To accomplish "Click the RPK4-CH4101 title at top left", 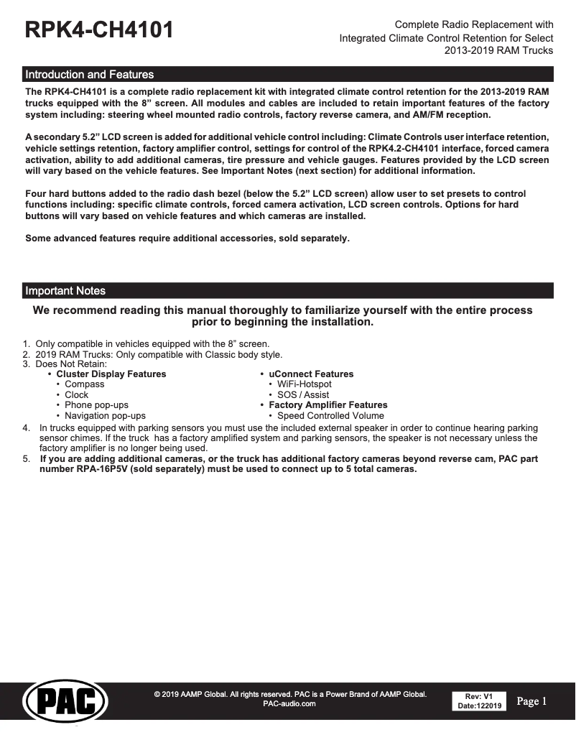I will coord(99,31).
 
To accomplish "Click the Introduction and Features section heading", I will coord(89,75).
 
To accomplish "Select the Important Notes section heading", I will coord(65,291).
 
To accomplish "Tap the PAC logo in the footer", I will coord(65,701).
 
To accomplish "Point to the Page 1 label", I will coord(531,701).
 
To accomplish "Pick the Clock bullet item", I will coord(77,395).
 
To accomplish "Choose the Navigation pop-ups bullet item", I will coord(105,416).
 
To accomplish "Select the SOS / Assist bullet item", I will coord(303,395).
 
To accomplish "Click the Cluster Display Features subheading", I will coord(111,374).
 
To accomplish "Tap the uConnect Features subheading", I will coord(311,374).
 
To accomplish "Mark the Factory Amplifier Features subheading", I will coord(328,405).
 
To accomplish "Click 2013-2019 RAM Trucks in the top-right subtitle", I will coord(498,50).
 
